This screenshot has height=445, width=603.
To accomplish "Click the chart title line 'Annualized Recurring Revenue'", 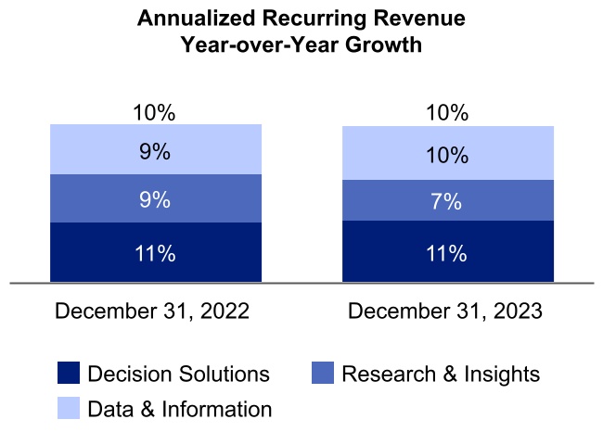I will point(301,19).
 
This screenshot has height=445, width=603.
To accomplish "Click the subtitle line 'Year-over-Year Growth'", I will point(301,44).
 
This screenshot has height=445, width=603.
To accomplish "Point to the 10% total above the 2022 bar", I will point(155,113).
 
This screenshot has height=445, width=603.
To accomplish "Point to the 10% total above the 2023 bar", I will point(447,113).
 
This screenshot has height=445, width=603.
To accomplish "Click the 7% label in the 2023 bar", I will point(447,201).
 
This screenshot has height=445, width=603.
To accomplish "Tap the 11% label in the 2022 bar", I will point(155,253).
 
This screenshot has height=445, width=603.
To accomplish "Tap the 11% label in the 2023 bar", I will point(447,253).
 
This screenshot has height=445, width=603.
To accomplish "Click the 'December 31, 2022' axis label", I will point(152,311).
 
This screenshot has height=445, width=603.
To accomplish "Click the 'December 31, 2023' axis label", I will point(445,311).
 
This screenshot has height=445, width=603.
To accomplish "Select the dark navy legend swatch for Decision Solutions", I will point(68,374).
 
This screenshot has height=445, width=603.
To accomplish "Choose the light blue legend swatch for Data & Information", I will point(68,408).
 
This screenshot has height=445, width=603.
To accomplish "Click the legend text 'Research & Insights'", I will point(441,375).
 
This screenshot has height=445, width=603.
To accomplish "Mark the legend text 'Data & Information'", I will point(180,409).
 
